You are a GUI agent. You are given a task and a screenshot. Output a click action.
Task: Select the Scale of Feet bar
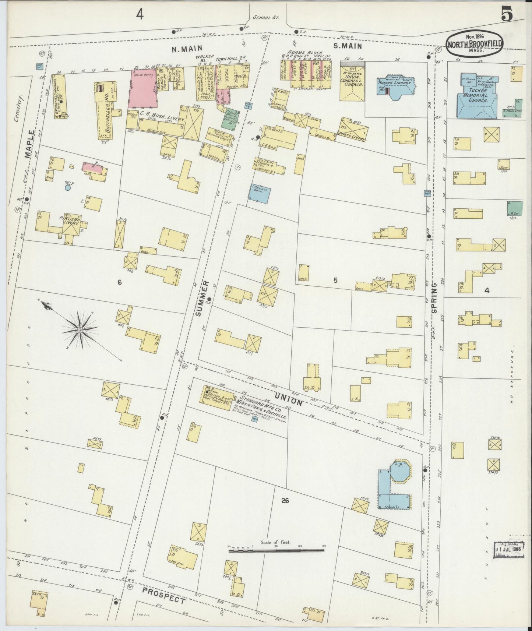(276, 551)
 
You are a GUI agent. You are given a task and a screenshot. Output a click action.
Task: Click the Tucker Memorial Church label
(478, 95)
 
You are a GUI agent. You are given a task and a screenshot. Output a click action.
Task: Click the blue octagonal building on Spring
(401, 471)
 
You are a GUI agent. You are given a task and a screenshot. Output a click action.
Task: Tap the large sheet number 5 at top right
(507, 15)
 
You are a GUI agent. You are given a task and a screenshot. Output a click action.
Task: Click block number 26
(285, 500)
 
